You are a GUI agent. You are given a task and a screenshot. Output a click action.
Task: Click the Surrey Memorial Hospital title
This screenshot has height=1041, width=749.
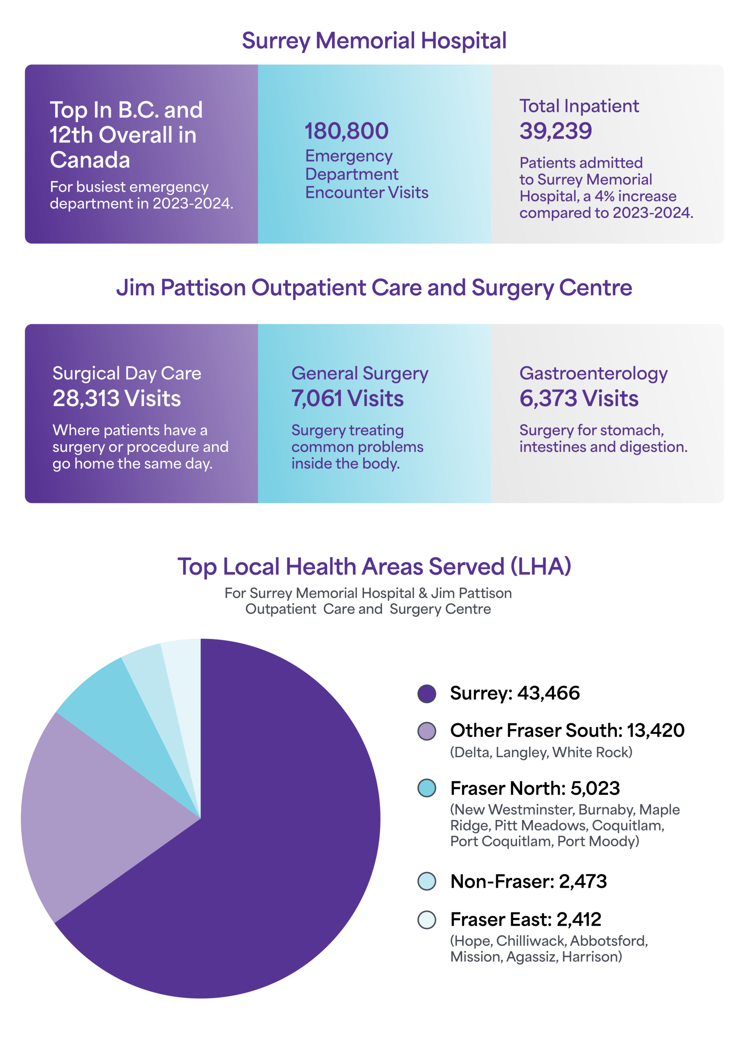[374, 40]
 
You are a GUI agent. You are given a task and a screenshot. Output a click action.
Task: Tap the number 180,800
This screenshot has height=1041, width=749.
[346, 131]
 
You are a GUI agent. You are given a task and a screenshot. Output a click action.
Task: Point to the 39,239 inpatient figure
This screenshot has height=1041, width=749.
[556, 131]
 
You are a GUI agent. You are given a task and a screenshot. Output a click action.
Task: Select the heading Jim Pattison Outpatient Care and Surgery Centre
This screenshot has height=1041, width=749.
[374, 288]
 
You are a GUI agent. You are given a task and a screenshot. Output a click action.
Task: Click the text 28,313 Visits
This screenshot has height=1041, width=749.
[117, 398]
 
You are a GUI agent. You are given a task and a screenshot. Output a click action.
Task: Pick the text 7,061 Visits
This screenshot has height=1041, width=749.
[347, 398]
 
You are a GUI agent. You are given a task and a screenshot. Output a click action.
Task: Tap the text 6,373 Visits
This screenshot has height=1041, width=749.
[578, 398]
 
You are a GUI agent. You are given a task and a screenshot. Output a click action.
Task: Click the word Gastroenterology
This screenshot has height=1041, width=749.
[593, 373]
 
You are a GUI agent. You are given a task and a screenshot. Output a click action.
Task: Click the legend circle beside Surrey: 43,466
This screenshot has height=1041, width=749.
[427, 694]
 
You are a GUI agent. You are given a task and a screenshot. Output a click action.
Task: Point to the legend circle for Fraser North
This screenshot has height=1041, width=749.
[427, 788]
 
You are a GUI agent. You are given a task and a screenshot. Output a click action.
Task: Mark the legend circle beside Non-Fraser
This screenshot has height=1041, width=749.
[427, 881]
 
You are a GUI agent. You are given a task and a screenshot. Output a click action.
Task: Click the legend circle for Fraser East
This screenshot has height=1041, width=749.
[427, 920]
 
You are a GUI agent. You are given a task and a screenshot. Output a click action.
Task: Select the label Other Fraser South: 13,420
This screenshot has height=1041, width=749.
[567, 730]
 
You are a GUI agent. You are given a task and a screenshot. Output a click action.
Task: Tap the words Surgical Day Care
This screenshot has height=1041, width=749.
[126, 373]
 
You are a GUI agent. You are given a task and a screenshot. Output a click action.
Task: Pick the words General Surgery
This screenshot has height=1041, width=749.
[360, 373]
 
